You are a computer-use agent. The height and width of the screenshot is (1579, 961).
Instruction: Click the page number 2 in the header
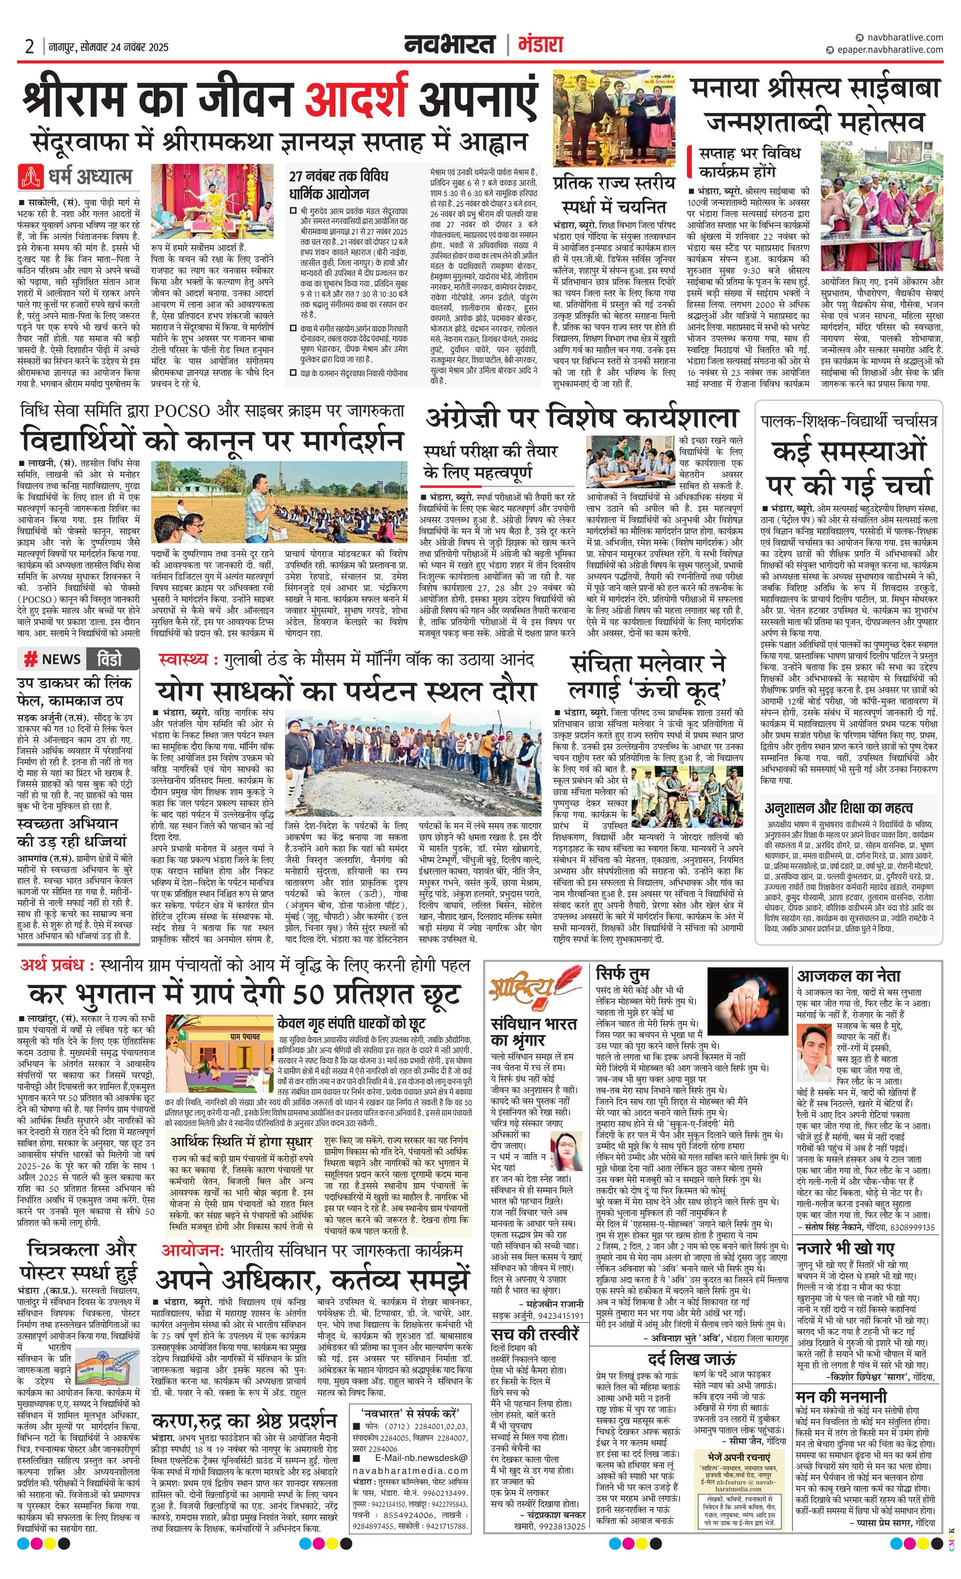(x=29, y=47)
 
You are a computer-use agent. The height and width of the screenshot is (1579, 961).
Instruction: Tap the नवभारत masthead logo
(x=450, y=45)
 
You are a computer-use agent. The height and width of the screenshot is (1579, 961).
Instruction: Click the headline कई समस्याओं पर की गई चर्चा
(x=849, y=468)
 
